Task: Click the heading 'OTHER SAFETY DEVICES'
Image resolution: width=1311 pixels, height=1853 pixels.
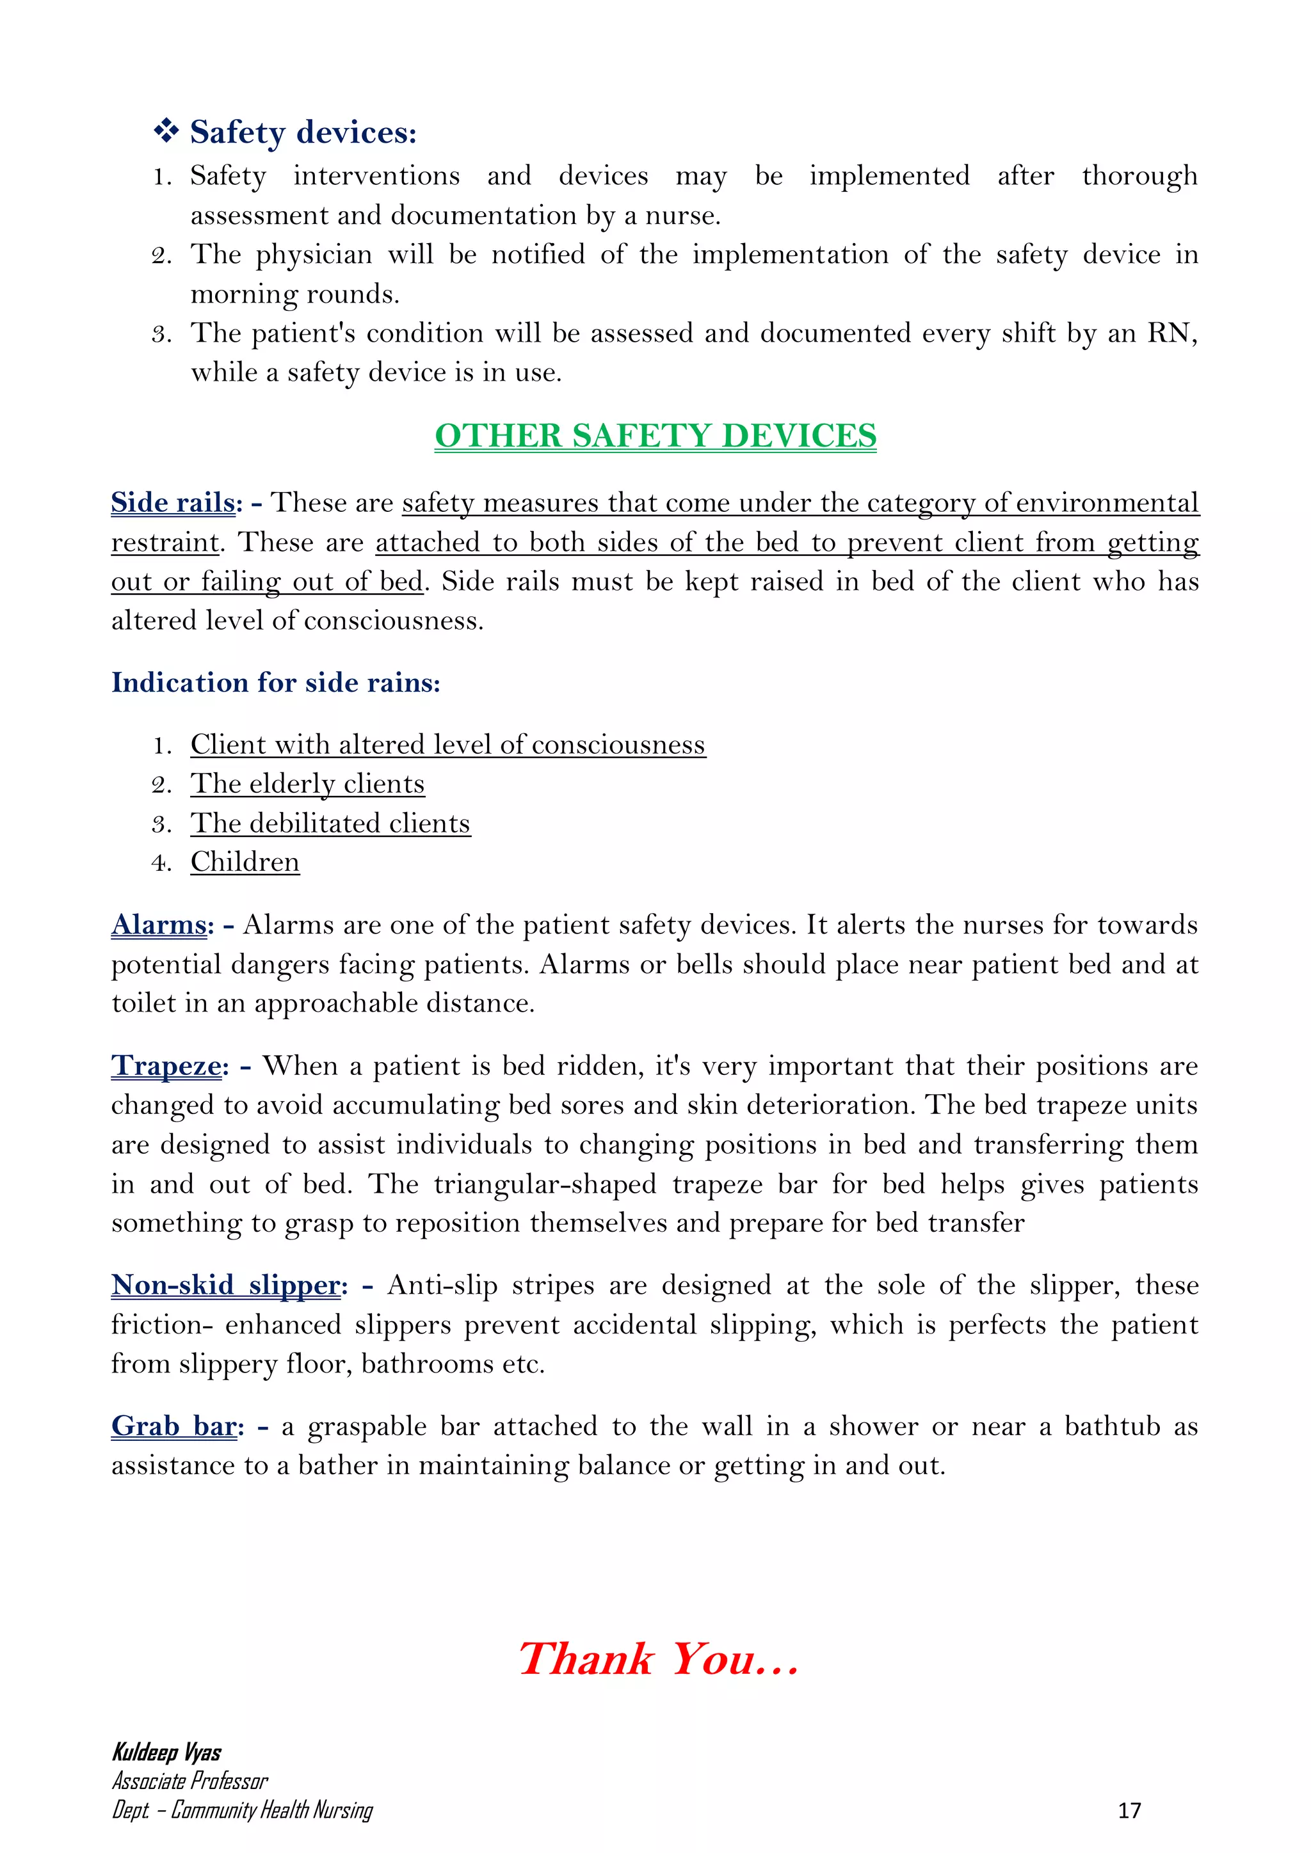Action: point(655,436)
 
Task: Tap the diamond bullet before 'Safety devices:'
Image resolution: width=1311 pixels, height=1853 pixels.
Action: point(166,131)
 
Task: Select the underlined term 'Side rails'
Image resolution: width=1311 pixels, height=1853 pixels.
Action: point(172,502)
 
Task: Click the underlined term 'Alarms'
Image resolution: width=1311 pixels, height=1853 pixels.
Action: point(158,924)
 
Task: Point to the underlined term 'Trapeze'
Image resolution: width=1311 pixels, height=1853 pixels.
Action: point(166,1065)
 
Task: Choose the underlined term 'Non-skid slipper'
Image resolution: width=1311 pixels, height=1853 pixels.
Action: point(225,1285)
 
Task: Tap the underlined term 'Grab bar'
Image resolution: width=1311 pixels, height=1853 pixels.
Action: point(173,1426)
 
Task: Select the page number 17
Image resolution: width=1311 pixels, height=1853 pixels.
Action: point(1129,1810)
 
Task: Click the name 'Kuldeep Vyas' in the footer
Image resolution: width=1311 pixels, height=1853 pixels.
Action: point(166,1752)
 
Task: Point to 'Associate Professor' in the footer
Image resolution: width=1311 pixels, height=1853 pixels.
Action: point(189,1781)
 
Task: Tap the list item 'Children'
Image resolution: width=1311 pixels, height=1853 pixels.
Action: point(245,862)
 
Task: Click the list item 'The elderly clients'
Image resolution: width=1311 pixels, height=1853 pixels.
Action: point(307,784)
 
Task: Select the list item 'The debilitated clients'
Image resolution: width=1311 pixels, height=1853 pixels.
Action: point(330,823)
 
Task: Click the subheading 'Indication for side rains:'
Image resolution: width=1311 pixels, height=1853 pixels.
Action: point(275,683)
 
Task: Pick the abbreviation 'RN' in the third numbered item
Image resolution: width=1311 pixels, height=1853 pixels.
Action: point(1168,333)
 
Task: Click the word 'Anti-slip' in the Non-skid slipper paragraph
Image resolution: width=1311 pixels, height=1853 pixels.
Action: point(442,1285)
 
